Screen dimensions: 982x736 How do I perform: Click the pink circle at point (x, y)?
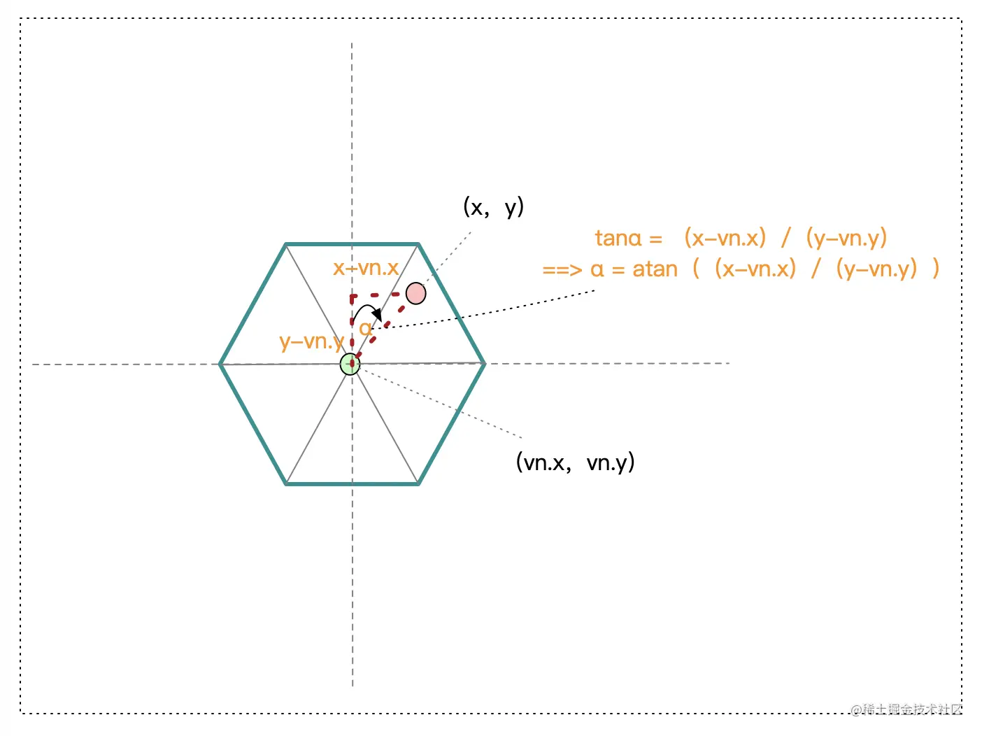416,293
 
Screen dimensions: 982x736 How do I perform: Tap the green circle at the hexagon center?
350,364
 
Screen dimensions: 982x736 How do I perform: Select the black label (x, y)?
493,207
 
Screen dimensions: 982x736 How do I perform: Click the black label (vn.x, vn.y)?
575,462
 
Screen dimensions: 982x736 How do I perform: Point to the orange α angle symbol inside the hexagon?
365,329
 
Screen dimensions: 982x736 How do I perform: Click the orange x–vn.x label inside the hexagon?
366,268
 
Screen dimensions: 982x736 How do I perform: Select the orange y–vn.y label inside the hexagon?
312,341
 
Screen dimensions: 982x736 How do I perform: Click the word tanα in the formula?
618,239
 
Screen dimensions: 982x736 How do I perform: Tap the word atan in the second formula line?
655,269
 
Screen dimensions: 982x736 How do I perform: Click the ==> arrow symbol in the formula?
561,270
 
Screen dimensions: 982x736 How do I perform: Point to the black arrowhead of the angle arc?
377,314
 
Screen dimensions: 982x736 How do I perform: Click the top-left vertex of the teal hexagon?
285,244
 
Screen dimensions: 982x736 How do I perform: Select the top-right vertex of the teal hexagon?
418,244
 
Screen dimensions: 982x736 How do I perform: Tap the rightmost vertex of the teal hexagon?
485,363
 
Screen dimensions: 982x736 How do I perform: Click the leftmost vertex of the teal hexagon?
220,364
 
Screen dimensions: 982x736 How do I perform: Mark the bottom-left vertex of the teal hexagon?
286,483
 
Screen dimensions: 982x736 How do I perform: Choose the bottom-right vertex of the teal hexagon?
418,483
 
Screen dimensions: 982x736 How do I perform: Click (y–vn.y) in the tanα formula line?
846,239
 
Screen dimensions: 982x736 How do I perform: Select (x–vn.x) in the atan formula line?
755,269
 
